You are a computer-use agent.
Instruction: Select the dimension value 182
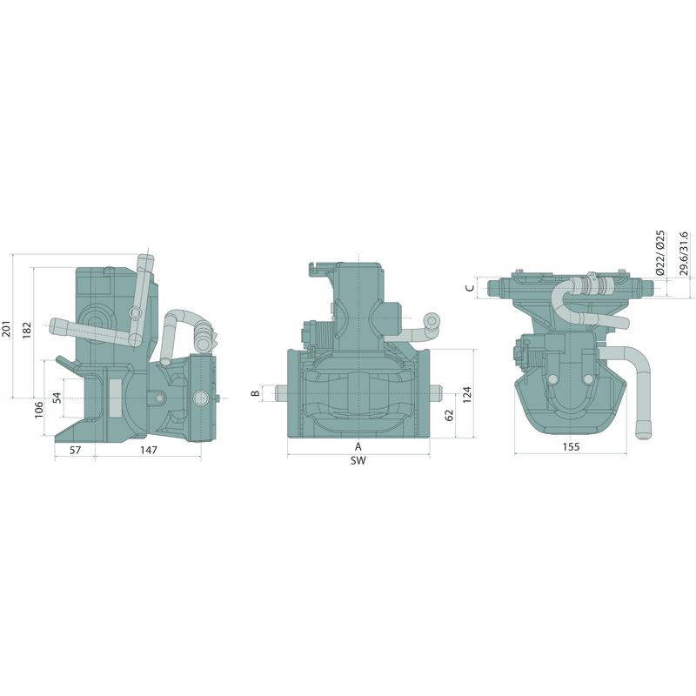(x=27, y=331)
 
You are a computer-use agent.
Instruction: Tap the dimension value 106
(x=39, y=409)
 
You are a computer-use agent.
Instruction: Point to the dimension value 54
(x=57, y=398)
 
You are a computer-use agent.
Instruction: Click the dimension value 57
(x=76, y=450)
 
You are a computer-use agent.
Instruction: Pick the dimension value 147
(x=149, y=450)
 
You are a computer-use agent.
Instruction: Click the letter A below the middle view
(x=358, y=446)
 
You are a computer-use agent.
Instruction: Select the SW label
(x=358, y=461)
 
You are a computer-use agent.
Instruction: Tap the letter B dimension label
(x=256, y=393)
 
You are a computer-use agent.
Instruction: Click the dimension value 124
(x=467, y=395)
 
